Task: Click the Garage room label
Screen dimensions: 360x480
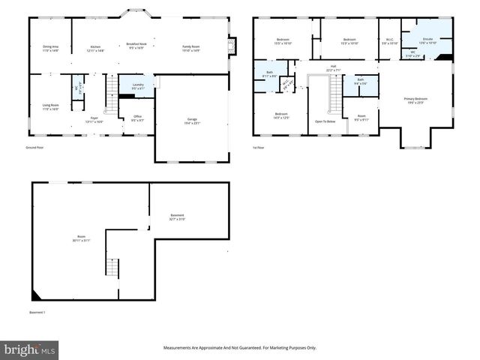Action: [x=192, y=121]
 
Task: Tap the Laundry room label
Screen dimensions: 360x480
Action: [x=137, y=86]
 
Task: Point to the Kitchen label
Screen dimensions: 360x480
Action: [x=95, y=48]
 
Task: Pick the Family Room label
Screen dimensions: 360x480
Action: [x=191, y=48]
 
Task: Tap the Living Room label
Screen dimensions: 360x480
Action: [x=49, y=107]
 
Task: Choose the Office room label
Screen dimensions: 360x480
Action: [x=137, y=118]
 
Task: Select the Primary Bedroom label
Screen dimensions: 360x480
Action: [x=415, y=100]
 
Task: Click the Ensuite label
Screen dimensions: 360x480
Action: [x=427, y=40]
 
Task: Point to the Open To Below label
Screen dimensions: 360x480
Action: [x=325, y=121]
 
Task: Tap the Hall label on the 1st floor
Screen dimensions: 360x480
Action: [x=333, y=67]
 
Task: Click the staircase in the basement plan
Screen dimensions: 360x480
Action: [x=112, y=267]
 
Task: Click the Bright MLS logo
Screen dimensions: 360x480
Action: [x=30, y=349]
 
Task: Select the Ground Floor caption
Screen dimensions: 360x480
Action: [x=33, y=148]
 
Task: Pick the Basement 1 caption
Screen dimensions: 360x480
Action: [x=37, y=312]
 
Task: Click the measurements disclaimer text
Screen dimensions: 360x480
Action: [x=240, y=348]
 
